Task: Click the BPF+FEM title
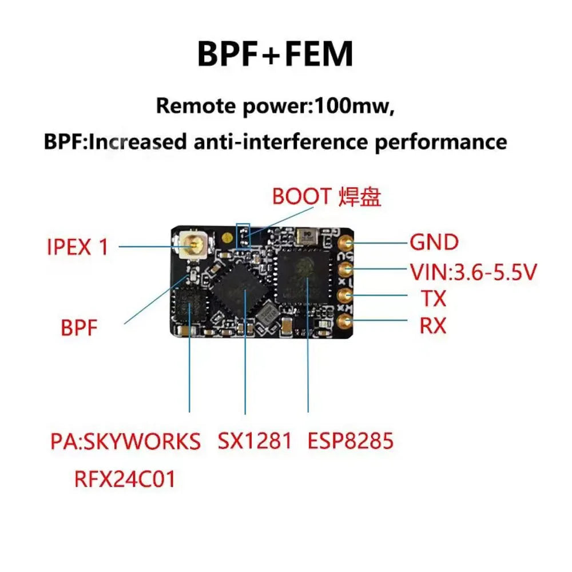[275, 55]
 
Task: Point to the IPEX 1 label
[77, 247]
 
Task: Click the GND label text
[434, 243]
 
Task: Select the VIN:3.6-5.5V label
[473, 272]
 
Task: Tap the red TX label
[433, 299]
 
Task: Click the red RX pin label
[433, 326]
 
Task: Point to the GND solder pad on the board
[345, 243]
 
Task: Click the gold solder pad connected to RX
[345, 322]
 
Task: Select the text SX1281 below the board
[255, 441]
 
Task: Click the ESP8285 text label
[350, 441]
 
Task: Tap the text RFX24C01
[124, 479]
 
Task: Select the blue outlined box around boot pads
[244, 236]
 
